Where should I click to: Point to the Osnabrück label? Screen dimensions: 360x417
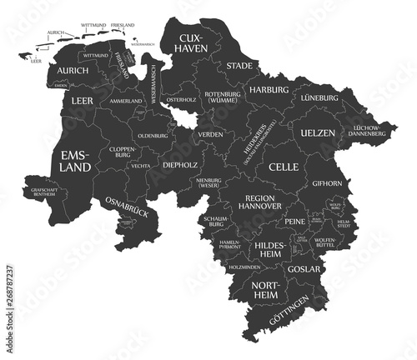point(127,207)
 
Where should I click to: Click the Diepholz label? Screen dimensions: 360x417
point(180,164)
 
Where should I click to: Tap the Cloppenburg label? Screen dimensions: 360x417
point(123,155)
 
